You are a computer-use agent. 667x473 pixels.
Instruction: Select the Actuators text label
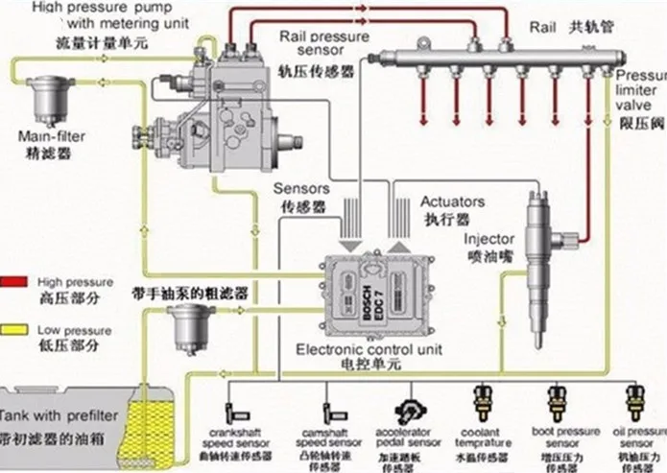click(x=452, y=202)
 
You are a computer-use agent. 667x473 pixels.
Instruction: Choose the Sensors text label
click(x=301, y=189)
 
